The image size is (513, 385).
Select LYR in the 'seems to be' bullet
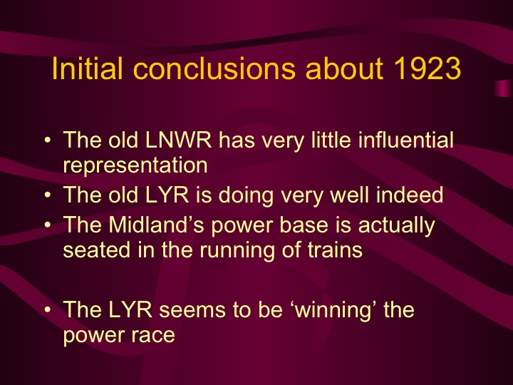(136, 310)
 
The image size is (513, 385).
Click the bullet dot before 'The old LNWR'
(46, 140)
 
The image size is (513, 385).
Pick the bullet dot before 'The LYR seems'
(46, 311)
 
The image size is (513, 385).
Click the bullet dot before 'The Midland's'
(46, 226)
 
